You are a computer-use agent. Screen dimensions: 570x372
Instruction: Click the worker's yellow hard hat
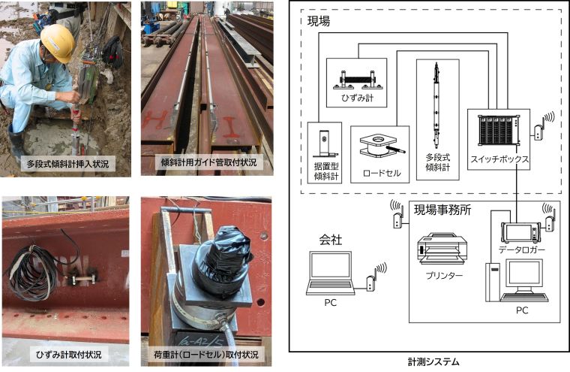(x=58, y=42)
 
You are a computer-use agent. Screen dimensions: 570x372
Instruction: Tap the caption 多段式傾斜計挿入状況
(x=67, y=164)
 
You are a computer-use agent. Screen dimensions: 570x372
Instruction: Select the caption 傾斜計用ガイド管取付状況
(x=208, y=162)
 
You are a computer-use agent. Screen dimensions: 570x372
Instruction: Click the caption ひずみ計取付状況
(x=69, y=355)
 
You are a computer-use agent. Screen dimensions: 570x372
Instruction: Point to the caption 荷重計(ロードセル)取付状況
(x=206, y=355)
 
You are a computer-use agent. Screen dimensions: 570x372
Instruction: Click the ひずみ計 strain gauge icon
(x=358, y=80)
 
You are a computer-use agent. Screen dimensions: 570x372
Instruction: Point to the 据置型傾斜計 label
(x=326, y=171)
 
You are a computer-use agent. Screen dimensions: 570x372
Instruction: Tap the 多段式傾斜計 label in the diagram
(x=438, y=162)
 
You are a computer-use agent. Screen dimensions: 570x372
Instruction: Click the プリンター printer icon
(x=442, y=249)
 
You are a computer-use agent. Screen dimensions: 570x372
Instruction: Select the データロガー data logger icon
(x=520, y=232)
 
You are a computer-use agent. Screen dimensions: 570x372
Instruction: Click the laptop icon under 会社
(x=330, y=273)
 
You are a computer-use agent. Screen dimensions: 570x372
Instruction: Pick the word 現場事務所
(x=442, y=210)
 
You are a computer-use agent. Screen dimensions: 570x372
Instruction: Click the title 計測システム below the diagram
(x=433, y=361)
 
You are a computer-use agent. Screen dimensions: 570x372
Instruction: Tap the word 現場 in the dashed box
(x=319, y=21)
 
